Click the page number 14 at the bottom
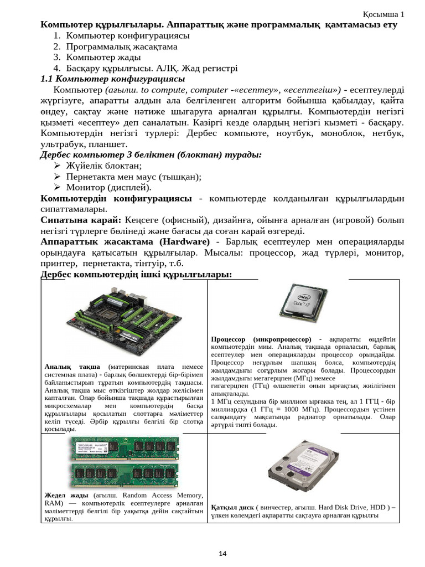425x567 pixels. click(223, 553)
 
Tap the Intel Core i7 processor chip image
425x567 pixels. click(299, 305)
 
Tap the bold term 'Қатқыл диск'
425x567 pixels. click(232, 507)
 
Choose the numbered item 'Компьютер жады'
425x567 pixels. click(103, 57)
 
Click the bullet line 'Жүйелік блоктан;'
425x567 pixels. click(104, 166)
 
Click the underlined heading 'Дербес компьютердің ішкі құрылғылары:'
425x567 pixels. click(136, 275)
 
